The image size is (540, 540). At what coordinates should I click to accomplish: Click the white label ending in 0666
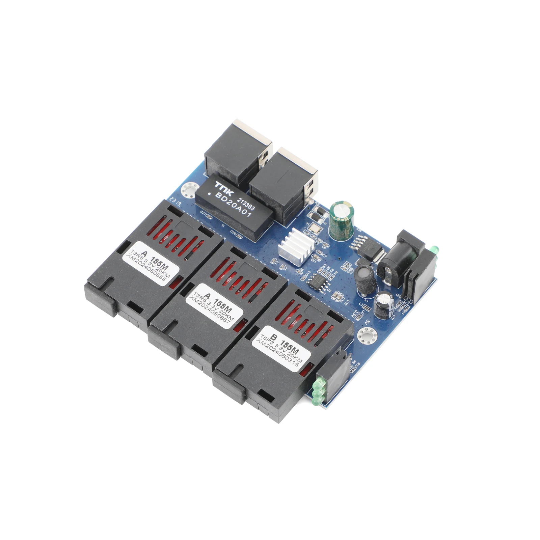(x=151, y=264)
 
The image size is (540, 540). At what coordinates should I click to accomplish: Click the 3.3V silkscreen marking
(x=355, y=315)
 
